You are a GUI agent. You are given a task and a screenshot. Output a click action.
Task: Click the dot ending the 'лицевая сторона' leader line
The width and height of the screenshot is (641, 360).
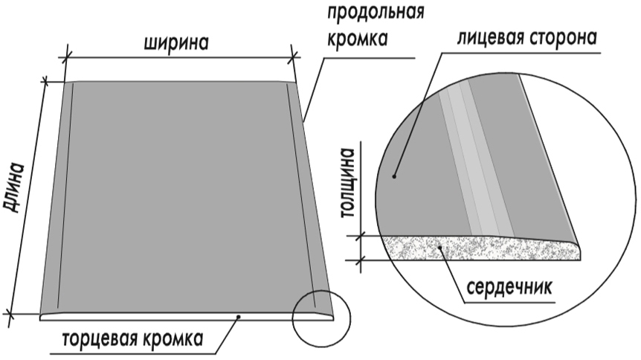point(395,176)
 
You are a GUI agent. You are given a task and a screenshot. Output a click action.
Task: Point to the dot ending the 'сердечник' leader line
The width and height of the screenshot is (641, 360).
point(439,247)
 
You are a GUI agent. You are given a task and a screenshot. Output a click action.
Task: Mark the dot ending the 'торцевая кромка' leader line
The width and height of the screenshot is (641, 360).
point(239,316)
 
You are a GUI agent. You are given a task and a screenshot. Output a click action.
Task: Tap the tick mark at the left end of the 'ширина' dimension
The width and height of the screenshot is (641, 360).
point(65,57)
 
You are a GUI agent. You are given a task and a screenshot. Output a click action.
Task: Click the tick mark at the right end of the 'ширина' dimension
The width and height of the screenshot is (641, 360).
point(293,57)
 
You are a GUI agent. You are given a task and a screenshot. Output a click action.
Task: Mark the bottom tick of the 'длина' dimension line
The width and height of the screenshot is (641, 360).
point(10,315)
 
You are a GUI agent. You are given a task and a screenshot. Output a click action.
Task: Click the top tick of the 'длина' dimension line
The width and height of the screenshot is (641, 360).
point(45,82)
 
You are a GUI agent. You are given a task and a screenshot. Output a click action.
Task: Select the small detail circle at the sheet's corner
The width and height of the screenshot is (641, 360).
point(321,318)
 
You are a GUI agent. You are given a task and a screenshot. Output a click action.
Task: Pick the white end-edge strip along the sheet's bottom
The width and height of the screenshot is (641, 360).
point(186,317)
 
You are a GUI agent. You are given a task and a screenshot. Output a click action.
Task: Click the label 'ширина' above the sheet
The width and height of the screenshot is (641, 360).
point(176,42)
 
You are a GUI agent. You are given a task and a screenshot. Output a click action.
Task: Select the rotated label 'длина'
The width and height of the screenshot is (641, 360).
point(14,187)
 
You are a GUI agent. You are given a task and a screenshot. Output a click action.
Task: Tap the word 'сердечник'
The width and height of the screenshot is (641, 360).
point(509,287)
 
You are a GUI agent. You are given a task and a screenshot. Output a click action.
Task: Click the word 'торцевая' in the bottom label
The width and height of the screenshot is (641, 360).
point(101,339)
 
